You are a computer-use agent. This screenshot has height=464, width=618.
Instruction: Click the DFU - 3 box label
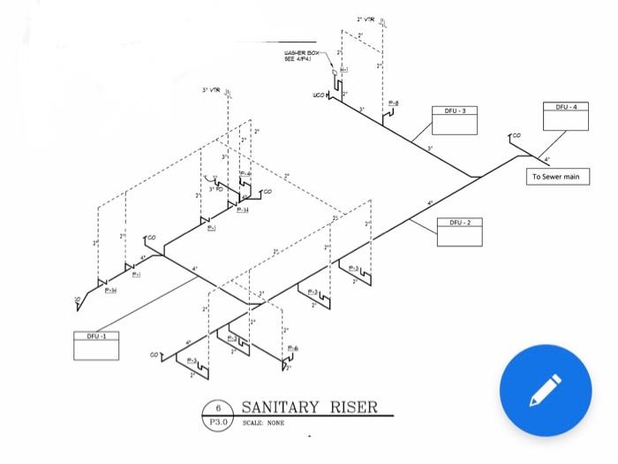coord(456,111)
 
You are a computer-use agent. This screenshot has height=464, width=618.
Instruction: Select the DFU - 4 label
coord(566,106)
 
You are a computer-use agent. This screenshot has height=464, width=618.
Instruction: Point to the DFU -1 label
coord(95,337)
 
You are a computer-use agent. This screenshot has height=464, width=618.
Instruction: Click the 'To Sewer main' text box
coord(557,177)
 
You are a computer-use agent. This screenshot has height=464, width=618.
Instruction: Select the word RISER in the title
coord(353,407)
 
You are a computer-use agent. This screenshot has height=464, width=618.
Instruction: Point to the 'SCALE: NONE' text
coord(263,423)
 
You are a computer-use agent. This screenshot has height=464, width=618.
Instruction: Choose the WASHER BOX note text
coord(301,56)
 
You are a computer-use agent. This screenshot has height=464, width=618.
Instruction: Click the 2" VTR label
coord(366,19)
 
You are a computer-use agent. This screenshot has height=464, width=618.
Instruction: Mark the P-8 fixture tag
coord(394,104)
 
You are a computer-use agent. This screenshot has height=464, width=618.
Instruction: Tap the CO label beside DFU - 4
coord(516,136)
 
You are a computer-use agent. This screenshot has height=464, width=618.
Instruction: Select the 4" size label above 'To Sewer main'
coord(546,159)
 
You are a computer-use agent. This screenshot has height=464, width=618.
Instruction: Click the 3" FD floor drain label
coord(215,189)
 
